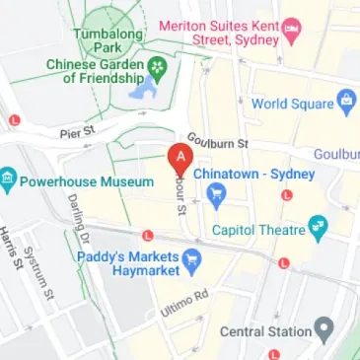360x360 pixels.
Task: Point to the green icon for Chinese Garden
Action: pyautogui.click(x=156, y=69)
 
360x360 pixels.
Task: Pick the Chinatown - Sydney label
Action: pyautogui.click(x=253, y=174)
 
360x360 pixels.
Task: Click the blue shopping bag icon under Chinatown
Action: pyautogui.click(x=216, y=195)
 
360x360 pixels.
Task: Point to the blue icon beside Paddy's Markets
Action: pyautogui.click(x=193, y=262)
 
